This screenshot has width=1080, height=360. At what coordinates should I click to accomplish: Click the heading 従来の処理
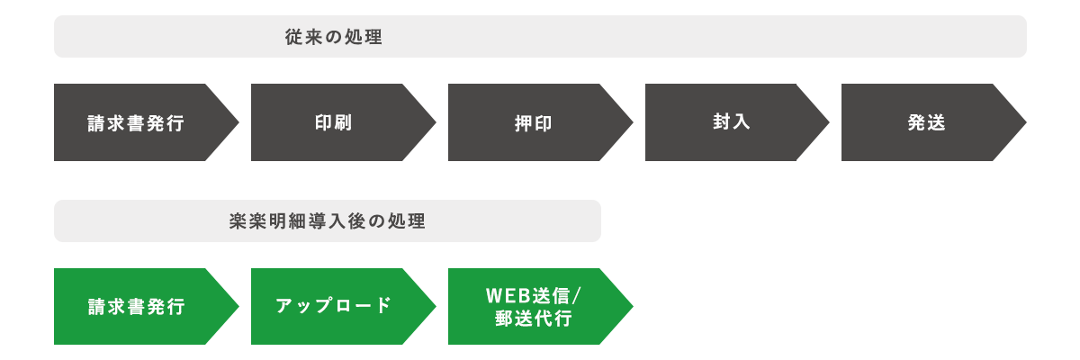[x=333, y=38]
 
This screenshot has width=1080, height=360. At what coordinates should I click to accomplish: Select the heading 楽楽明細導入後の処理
[x=327, y=221]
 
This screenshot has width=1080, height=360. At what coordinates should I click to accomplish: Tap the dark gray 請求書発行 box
[x=146, y=121]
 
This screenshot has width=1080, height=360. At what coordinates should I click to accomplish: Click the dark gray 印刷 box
[x=343, y=121]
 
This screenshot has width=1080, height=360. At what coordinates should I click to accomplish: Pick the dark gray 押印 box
[x=540, y=121]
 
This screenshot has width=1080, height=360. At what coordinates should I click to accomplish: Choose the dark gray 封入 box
[x=737, y=121]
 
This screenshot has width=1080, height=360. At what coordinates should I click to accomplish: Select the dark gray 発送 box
[x=934, y=121]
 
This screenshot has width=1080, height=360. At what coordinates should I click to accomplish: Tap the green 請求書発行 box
[x=146, y=306]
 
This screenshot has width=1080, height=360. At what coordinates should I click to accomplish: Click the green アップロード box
[x=343, y=306]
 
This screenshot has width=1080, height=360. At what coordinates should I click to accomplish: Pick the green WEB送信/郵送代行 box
[x=540, y=306]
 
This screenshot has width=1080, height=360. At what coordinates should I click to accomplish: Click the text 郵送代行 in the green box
[x=533, y=318]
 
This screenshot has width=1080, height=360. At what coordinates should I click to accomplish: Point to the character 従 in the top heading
[x=293, y=38]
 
